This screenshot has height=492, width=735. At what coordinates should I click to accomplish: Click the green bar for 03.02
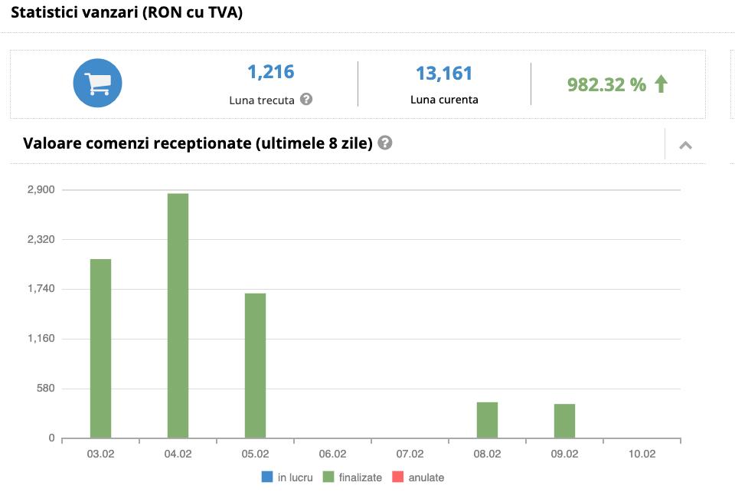(x=100, y=349)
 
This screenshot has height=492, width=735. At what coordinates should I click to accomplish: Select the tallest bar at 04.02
(x=178, y=316)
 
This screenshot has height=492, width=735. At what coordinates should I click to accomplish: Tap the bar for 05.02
(x=255, y=366)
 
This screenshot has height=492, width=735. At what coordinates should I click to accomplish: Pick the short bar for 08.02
(x=487, y=420)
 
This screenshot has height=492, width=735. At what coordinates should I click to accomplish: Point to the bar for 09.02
(x=564, y=421)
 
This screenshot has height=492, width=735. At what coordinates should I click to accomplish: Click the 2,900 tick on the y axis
(x=41, y=189)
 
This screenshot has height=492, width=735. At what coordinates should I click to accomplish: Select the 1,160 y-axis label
(x=41, y=339)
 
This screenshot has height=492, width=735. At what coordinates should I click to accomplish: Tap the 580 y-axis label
(x=46, y=389)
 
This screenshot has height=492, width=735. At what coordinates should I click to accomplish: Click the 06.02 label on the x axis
(x=332, y=454)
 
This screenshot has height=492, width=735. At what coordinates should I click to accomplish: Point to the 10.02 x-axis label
(x=642, y=454)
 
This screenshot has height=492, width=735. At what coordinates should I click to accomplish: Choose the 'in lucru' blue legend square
(x=267, y=477)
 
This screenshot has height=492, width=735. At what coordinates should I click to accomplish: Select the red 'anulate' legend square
(x=397, y=477)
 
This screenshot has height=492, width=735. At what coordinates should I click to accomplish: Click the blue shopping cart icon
(x=97, y=82)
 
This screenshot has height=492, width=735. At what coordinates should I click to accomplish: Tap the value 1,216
(x=270, y=72)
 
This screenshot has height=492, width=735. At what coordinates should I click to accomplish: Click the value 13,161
(x=444, y=74)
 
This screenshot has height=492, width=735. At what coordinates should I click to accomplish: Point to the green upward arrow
(x=661, y=84)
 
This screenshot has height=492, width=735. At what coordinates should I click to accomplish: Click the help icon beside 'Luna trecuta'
(x=306, y=99)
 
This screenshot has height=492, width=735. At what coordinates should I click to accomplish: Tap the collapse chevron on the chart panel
(x=685, y=145)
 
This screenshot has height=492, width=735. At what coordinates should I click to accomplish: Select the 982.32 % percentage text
(x=606, y=85)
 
